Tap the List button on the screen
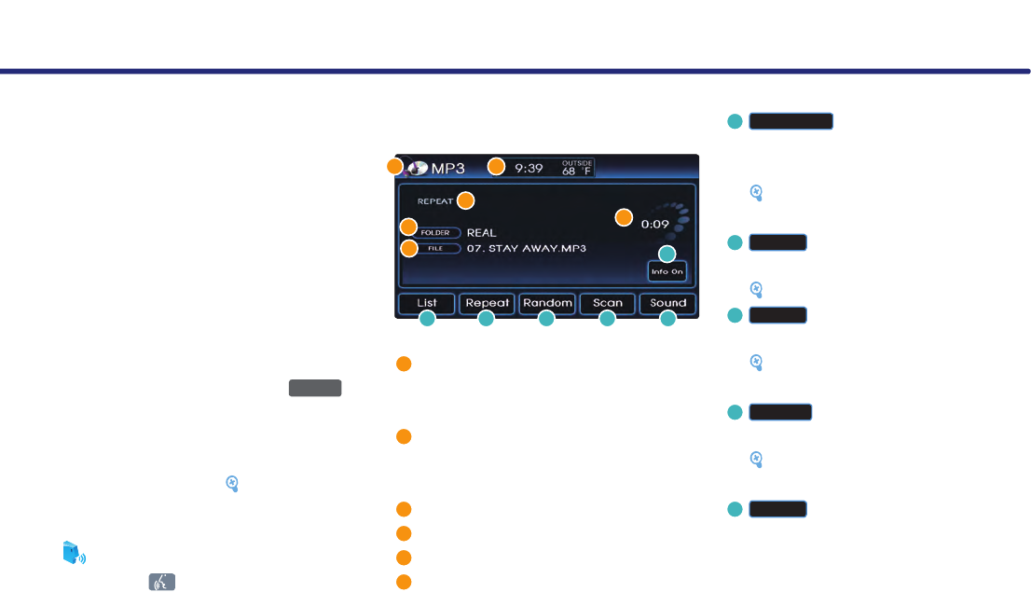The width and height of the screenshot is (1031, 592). (427, 303)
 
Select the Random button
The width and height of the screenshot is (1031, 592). (547, 303)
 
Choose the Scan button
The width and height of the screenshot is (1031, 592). (608, 303)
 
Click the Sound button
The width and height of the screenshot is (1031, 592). (668, 303)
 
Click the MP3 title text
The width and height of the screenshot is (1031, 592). (447, 168)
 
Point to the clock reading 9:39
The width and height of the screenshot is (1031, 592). (529, 168)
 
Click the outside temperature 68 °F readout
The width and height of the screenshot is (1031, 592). (577, 168)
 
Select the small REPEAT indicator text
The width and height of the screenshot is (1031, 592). (435, 200)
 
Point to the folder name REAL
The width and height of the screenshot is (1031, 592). (482, 232)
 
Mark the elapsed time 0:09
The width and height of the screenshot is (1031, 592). (655, 224)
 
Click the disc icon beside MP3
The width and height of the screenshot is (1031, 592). (417, 168)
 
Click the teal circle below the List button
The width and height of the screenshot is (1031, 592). (427, 319)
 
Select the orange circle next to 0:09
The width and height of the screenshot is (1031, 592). (625, 218)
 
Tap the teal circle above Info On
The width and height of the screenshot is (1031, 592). (667, 253)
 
